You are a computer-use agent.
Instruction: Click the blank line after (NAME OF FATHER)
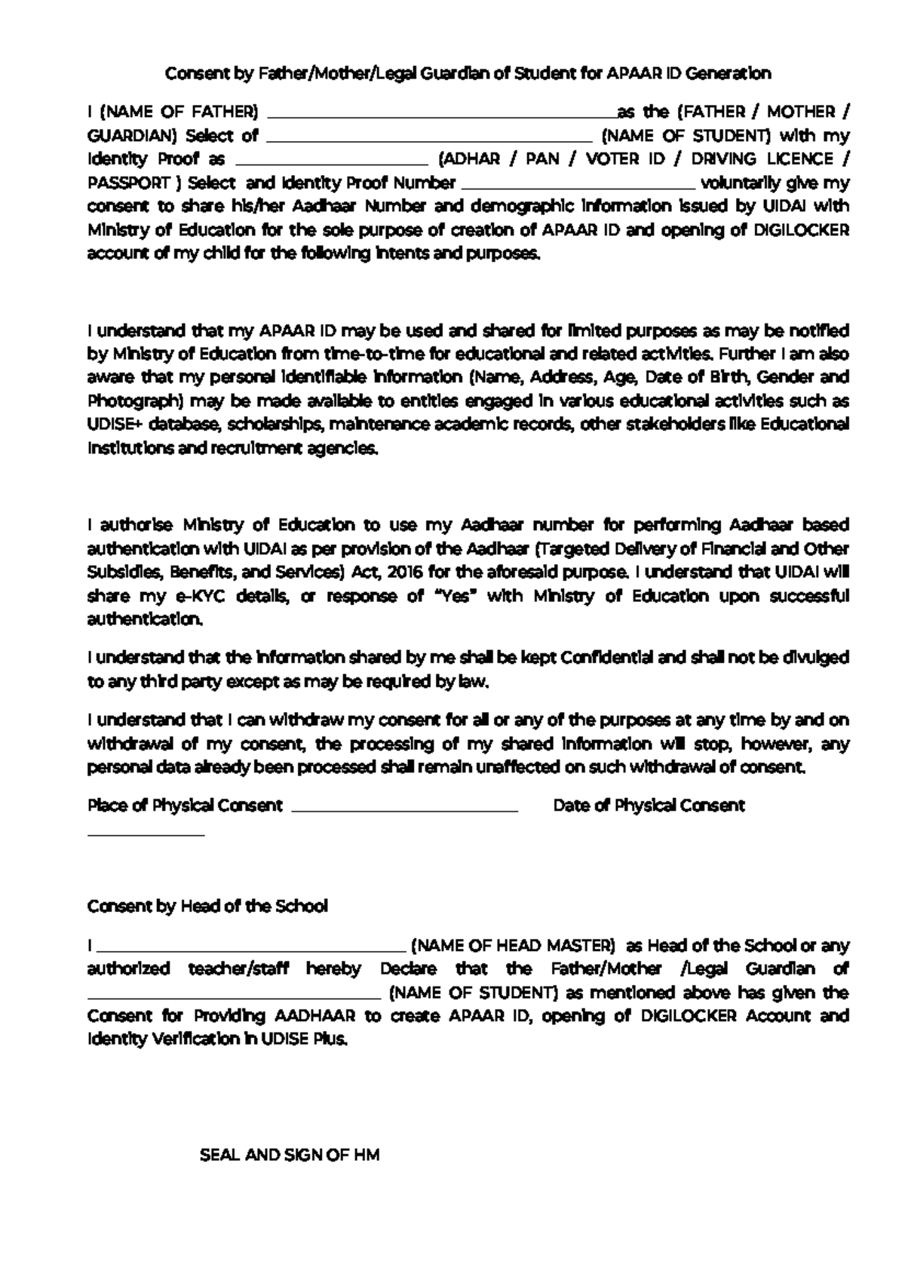tap(441, 115)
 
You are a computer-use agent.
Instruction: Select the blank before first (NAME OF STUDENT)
tap(430, 139)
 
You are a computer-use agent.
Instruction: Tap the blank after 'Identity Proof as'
tap(332, 162)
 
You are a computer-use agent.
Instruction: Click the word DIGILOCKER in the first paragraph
tap(801, 230)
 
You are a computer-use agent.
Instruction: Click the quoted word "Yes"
tap(452, 596)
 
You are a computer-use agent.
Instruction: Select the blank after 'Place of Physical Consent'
tap(404, 809)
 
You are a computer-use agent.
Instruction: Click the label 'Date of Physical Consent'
tap(649, 806)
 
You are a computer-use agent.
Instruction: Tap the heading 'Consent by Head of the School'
tap(207, 906)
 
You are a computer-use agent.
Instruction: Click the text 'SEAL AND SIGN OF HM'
tap(290, 1155)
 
